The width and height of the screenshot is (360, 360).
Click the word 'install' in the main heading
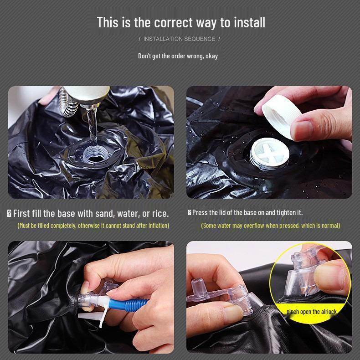[249, 22]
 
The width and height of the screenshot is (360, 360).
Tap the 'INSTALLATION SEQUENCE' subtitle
[179, 39]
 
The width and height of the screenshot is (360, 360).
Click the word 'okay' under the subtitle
[211, 56]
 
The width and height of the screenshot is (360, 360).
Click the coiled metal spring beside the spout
[67, 104]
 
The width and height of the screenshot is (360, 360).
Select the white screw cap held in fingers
[282, 116]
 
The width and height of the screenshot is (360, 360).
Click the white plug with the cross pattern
[269, 154]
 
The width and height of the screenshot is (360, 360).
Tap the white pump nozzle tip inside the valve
[101, 299]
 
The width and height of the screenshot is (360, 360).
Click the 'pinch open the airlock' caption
[311, 312]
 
